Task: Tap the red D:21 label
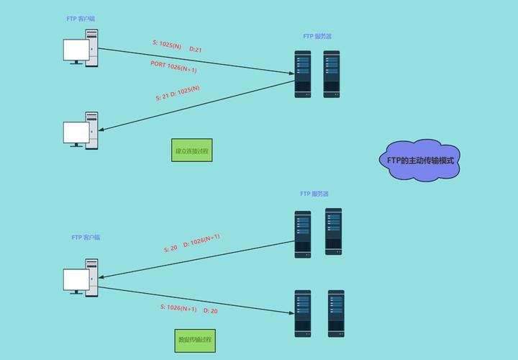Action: click(196, 49)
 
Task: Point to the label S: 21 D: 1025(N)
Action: click(178, 94)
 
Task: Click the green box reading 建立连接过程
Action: click(193, 151)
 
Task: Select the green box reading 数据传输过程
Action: click(195, 340)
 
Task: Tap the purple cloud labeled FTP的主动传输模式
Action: click(420, 160)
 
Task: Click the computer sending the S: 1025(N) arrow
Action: click(81, 48)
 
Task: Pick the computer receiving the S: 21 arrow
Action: click(81, 131)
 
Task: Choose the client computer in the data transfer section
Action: click(81, 277)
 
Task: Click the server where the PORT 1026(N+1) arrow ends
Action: click(302, 73)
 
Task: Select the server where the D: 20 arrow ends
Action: click(302, 313)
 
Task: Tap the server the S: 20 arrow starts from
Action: click(302, 234)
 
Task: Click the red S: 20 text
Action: click(171, 248)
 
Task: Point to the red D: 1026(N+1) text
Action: click(201, 240)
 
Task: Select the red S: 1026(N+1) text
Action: click(178, 308)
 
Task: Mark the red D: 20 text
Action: click(211, 311)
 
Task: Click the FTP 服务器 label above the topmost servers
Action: click(317, 36)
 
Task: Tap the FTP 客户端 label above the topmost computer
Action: click(81, 19)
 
